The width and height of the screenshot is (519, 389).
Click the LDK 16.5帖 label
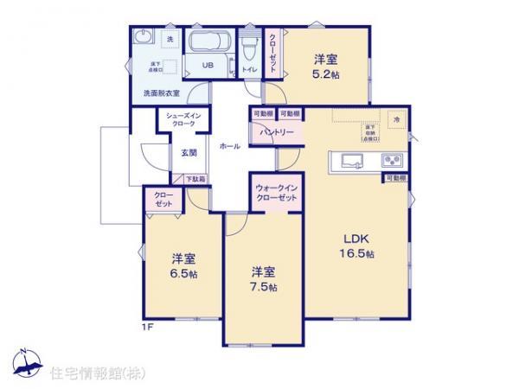[x=356, y=246]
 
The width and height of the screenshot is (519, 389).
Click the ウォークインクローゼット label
[x=277, y=193]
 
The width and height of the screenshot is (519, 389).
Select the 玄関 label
[x=189, y=153]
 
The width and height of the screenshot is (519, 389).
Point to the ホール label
[x=230, y=147]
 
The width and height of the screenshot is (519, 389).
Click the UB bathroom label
[x=208, y=66]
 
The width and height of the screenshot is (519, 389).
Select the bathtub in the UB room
[x=208, y=43]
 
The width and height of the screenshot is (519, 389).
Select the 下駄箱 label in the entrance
[x=195, y=179]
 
